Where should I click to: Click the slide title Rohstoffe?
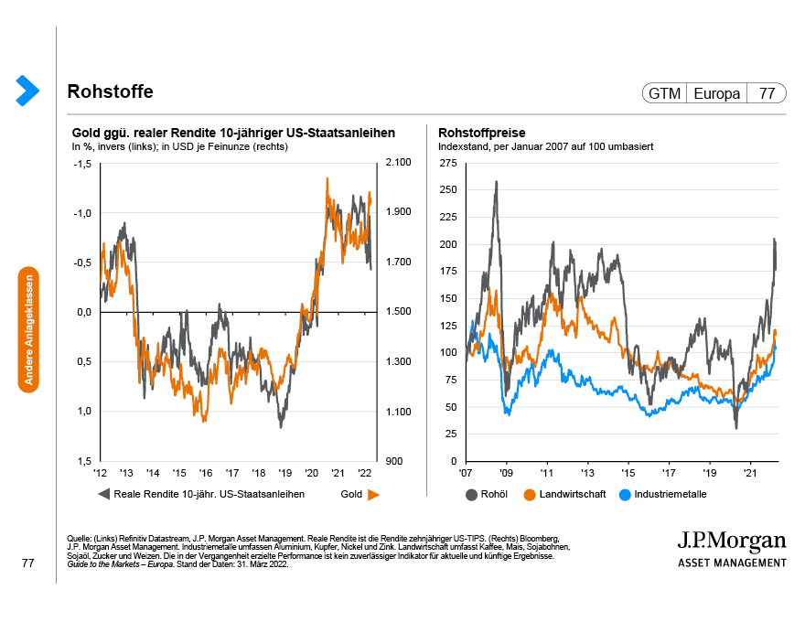point(110,92)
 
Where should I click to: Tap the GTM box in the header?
point(664,93)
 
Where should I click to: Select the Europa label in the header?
point(716,93)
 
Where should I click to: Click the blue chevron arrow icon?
point(27,89)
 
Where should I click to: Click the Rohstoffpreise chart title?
point(481,132)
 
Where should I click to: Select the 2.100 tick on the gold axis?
point(400,163)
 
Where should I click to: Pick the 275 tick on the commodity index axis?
point(448,163)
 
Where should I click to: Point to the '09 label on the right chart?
point(506,474)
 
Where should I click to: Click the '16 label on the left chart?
point(206,474)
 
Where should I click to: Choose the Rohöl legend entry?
point(492,495)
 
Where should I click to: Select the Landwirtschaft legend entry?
point(563,495)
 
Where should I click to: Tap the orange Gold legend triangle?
point(373,495)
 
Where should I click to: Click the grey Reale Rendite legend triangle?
point(102,495)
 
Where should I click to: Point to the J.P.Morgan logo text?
point(732,539)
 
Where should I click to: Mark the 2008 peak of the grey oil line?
point(496,181)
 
